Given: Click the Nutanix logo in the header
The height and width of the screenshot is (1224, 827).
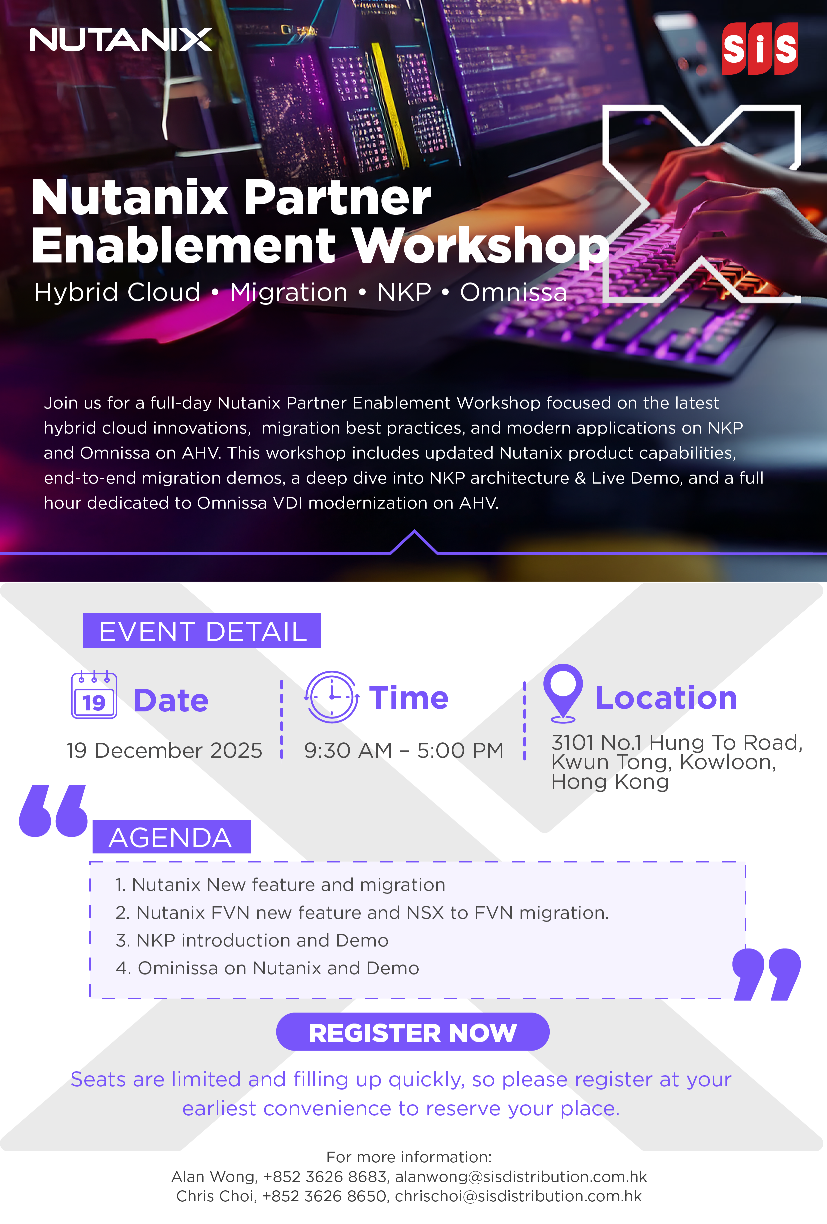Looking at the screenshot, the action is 121,39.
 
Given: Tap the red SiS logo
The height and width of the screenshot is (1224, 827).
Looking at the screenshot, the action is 760,48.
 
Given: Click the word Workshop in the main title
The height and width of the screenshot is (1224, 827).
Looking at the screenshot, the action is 481,246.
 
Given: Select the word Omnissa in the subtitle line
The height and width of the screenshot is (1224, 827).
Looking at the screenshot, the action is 514,292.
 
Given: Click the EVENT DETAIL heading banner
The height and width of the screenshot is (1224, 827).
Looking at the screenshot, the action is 202,630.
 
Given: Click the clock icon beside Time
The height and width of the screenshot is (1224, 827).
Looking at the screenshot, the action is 332,696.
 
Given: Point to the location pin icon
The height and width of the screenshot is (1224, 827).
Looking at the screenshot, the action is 563,693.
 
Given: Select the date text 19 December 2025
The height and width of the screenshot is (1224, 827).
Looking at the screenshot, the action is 164,750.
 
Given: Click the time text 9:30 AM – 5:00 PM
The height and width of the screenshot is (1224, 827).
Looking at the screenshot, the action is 404,750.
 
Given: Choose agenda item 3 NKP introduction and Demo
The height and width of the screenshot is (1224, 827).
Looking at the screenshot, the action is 252,940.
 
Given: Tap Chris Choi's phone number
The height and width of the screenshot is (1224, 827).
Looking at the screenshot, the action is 324,1196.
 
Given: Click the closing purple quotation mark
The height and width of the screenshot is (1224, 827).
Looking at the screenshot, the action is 766,974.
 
